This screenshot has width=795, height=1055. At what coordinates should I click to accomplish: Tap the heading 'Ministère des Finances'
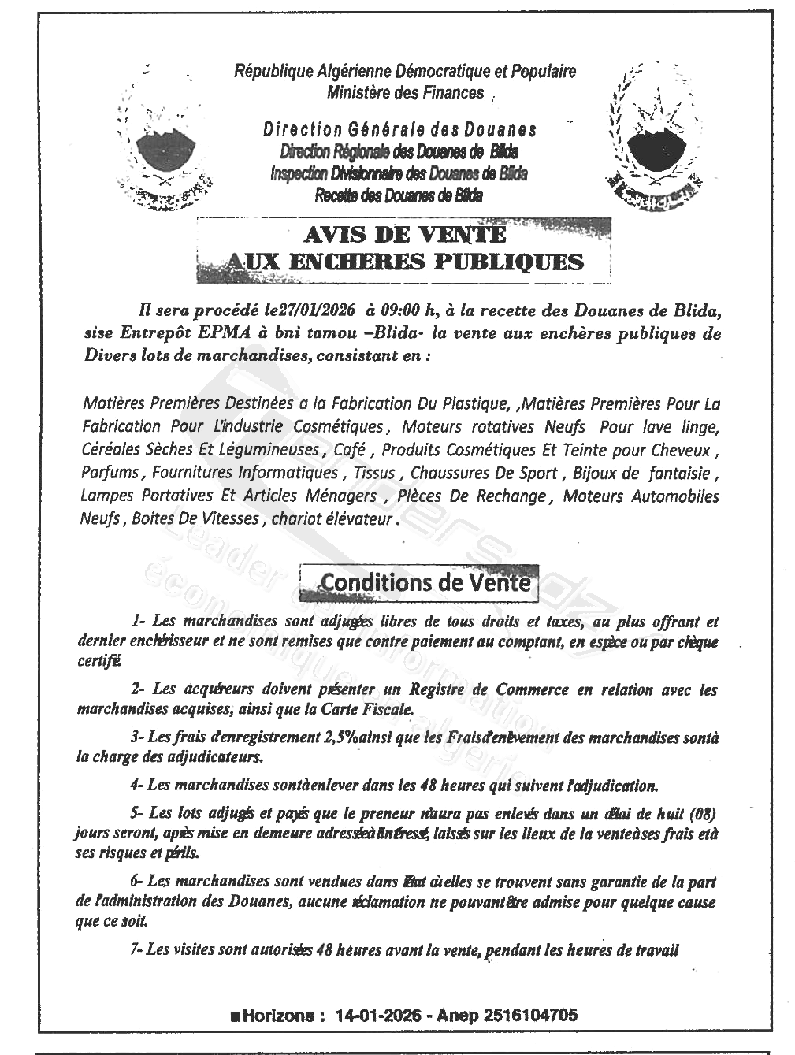coord(405,93)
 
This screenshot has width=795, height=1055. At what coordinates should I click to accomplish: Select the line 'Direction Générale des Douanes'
coord(400,129)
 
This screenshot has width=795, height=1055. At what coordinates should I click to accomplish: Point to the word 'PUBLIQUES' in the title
coord(510,261)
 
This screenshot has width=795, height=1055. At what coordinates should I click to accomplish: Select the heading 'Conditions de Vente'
coord(425,582)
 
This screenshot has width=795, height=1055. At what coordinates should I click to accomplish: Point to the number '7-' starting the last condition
coord(136,950)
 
